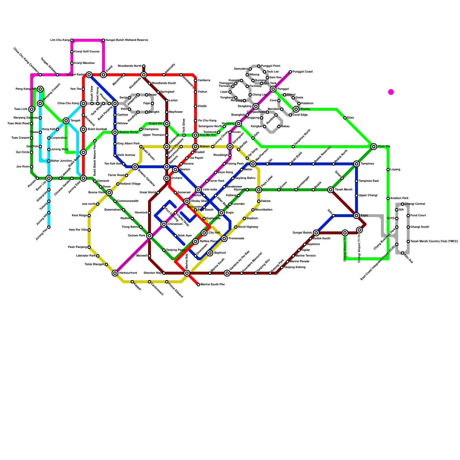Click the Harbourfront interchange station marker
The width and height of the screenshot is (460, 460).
click(x=115, y=273)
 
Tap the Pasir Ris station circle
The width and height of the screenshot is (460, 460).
click(x=374, y=147)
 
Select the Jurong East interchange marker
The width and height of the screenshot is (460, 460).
click(x=83, y=178)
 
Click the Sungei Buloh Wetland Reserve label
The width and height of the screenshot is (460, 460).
click(x=127, y=40)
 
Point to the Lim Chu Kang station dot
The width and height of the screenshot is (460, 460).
click(x=72, y=40)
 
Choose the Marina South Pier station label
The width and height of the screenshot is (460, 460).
click(x=213, y=285)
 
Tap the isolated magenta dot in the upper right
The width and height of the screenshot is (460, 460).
click(x=391, y=92)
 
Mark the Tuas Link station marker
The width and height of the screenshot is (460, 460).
click(x=32, y=109)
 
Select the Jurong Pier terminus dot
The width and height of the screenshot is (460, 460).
click(x=49, y=227)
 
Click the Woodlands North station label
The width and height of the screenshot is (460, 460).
click(x=129, y=66)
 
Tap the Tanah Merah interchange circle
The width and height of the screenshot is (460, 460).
click(x=331, y=190)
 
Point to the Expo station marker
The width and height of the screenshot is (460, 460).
click(x=356, y=216)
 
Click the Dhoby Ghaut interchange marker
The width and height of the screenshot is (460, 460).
click(x=187, y=201)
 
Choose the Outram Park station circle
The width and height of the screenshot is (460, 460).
click(x=149, y=236)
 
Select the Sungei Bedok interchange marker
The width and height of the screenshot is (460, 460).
click(x=316, y=233)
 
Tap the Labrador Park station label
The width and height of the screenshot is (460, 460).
click(x=86, y=256)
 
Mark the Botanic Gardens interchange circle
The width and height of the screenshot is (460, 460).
click(x=135, y=167)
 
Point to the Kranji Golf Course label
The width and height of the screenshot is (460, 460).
click(x=87, y=52)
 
